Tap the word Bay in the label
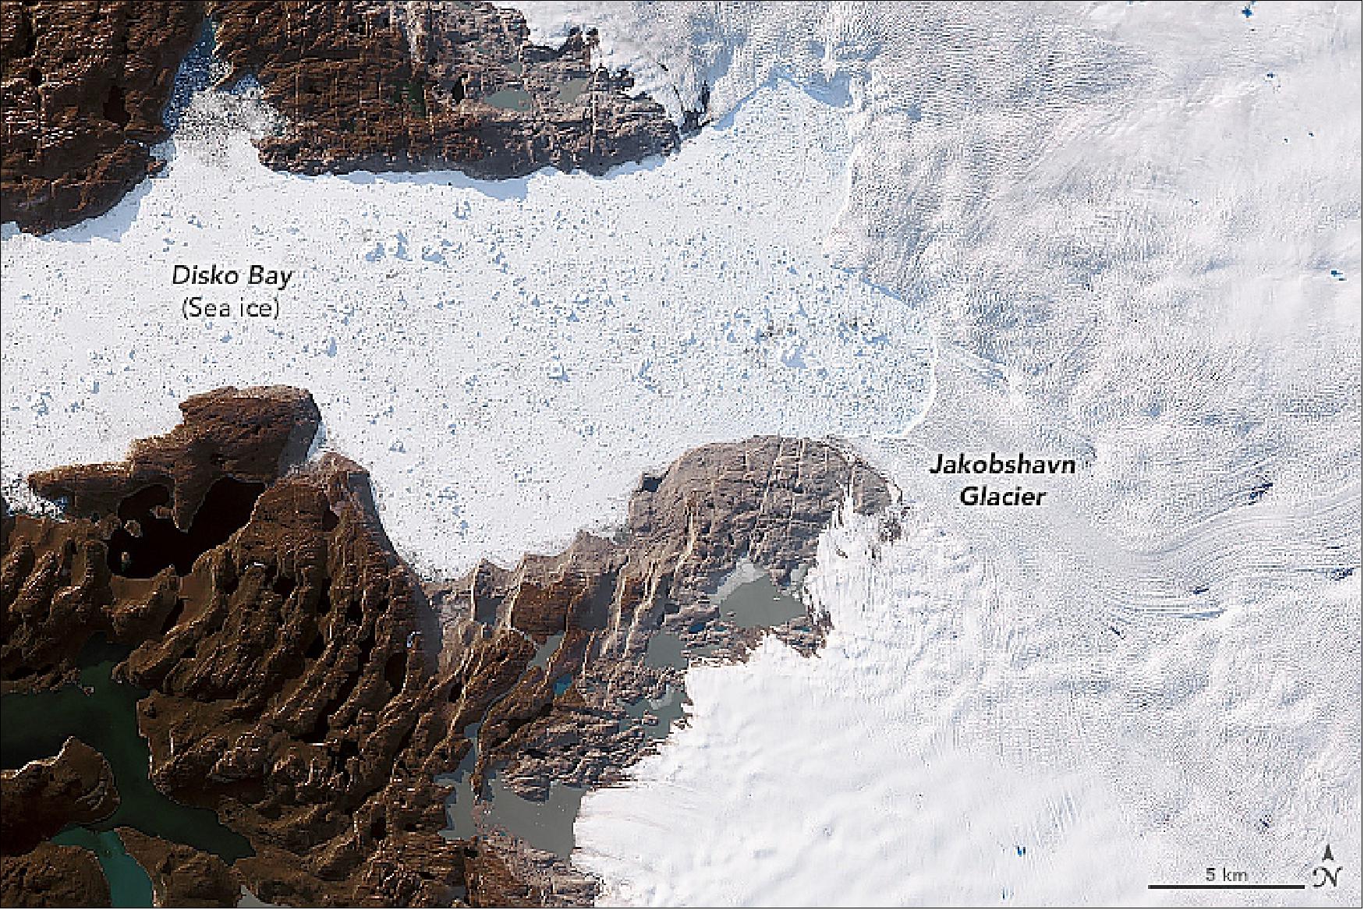pyautogui.click(x=264, y=278)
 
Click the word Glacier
pyautogui.click(x=1001, y=497)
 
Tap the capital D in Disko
pyautogui.click(x=179, y=276)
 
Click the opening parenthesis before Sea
pyautogui.click(x=184, y=310)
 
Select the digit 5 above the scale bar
pyautogui.click(x=1206, y=874)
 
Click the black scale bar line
pyautogui.click(x=1226, y=887)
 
